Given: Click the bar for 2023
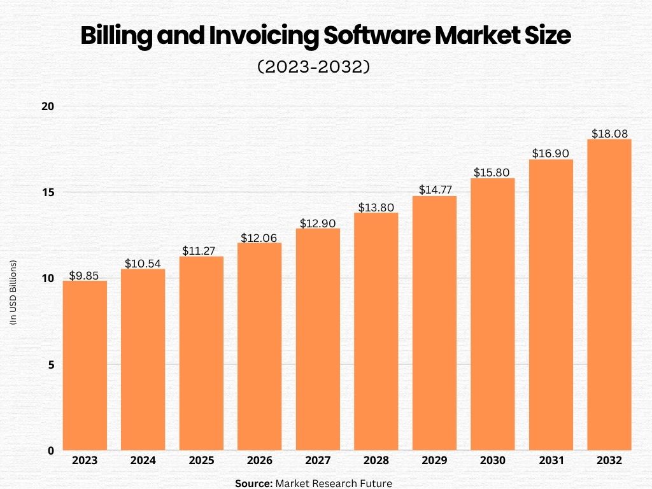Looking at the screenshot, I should [x=85, y=365].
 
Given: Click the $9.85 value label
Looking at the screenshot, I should [x=85, y=276].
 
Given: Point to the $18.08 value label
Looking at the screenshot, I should [x=609, y=134].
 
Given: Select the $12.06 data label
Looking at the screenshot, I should [x=260, y=237].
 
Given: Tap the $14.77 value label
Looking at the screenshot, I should [x=434, y=190].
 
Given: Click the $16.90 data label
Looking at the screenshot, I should [x=551, y=153].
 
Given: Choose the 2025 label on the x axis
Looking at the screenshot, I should [x=201, y=460].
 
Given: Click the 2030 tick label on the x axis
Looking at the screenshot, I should [x=493, y=460].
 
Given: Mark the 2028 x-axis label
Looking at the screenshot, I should [x=376, y=460].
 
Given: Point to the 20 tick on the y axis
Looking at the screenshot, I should [x=47, y=106].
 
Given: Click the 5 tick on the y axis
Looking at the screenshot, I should [x=50, y=365].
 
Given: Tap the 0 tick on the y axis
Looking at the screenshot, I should [x=50, y=451].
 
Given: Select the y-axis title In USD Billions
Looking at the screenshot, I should [x=13, y=294].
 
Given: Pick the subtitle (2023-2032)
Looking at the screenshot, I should [x=313, y=67].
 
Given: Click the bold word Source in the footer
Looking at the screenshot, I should [x=253, y=483].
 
